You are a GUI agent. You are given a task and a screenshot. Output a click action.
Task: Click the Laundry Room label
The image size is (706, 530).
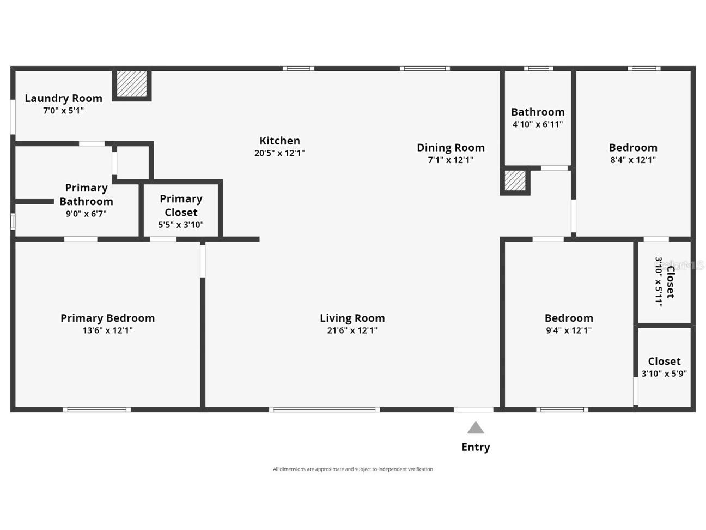pos(63,98)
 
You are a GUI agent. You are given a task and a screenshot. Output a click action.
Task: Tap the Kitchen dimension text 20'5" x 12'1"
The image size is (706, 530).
pos(279,153)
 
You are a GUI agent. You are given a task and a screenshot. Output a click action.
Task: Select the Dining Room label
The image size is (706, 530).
pos(451,148)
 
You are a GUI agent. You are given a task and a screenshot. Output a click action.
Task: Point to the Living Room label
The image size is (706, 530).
pos(352,318)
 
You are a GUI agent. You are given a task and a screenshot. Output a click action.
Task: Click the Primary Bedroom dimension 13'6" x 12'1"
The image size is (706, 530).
pos(107,330)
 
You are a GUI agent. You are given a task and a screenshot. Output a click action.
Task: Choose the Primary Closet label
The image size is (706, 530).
pos(181,206)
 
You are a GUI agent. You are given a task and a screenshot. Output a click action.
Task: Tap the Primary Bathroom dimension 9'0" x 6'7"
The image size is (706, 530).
pos(86,214)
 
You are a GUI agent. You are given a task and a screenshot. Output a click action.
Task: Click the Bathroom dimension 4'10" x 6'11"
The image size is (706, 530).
pos(538,124)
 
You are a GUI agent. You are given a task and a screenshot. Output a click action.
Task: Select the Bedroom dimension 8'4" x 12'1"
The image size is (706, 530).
pos(632,160)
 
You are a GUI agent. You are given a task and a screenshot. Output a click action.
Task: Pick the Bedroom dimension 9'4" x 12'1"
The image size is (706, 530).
pos(568,330)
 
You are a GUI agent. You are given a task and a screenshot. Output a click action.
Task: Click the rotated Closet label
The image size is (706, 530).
pos(670,282)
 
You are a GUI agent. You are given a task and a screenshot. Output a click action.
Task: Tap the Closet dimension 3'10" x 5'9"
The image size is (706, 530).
pos(664,374)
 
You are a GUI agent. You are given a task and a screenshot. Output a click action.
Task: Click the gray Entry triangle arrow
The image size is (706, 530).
pos(476,429)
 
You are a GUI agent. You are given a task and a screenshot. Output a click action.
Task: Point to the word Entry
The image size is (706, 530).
pos(476,447)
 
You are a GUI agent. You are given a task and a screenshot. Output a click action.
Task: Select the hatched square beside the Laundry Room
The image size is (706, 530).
pos(131,83)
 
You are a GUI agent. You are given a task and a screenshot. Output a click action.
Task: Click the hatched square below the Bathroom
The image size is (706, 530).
pos(515,180)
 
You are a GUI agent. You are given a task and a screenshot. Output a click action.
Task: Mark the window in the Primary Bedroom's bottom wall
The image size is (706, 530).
pos(97,409)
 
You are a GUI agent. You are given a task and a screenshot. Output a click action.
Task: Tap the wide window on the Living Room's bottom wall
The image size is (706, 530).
pos(324,409)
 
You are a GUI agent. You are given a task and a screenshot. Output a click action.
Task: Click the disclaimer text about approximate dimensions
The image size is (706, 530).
pos(353,469)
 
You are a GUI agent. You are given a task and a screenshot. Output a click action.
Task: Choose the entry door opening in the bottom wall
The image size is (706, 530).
pos(473,409)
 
